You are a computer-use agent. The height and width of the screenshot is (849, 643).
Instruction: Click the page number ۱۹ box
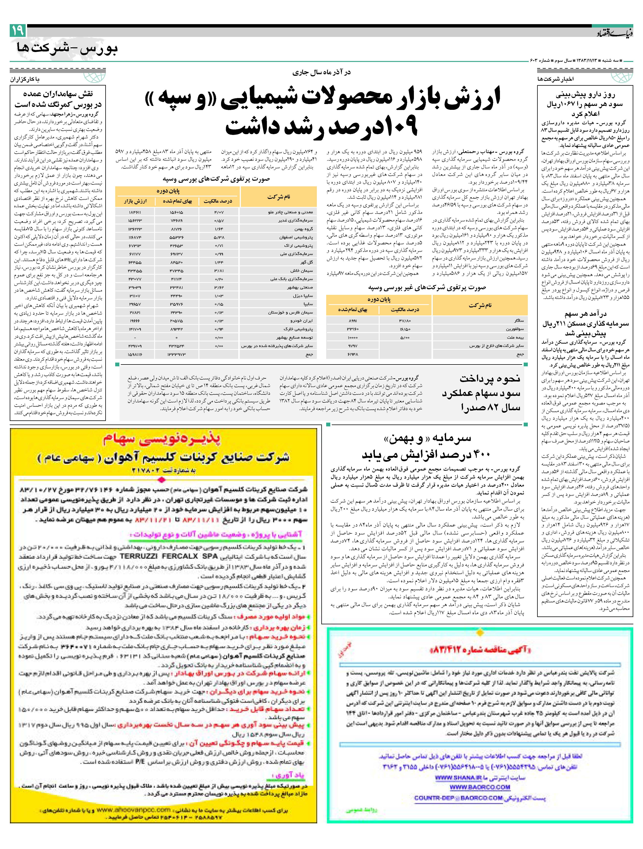point(18,30)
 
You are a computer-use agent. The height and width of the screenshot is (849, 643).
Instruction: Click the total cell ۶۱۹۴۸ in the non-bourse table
point(352,354)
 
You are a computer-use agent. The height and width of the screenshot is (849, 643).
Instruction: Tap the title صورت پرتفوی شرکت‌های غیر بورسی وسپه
point(427,287)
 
